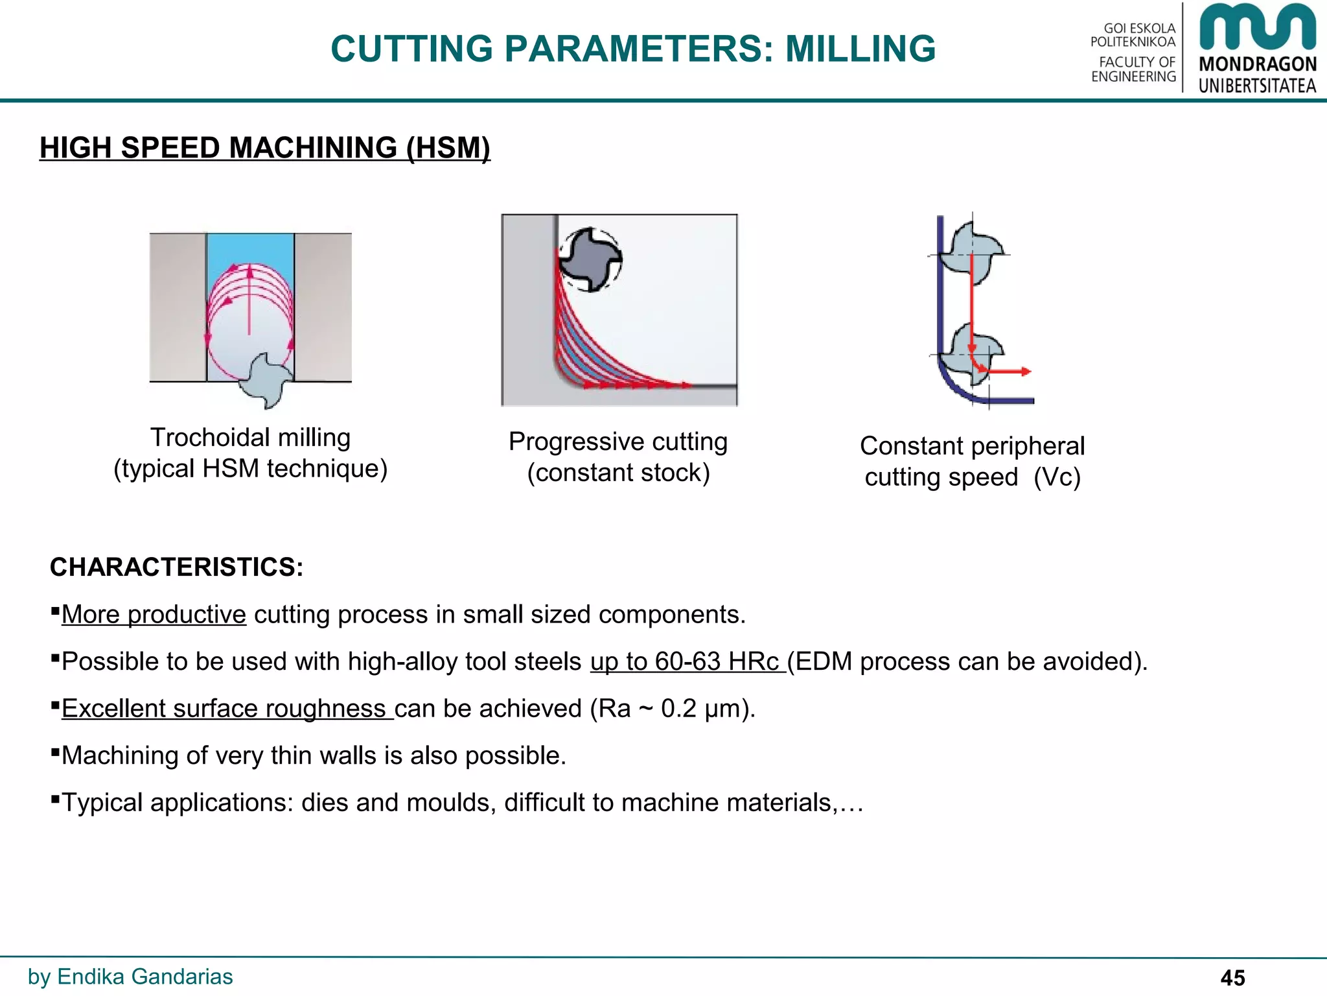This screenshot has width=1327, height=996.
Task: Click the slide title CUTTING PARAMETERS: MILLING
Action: [x=633, y=49]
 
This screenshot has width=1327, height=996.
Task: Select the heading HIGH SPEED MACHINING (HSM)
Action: [x=264, y=148]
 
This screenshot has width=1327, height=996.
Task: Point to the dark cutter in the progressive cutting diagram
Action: [x=590, y=259]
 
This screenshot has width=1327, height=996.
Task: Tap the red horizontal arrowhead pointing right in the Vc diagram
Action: [x=1025, y=372]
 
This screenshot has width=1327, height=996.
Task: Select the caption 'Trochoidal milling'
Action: [x=250, y=438]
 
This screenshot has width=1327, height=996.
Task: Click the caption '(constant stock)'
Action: [x=618, y=473]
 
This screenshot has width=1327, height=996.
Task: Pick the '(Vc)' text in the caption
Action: [x=1057, y=477]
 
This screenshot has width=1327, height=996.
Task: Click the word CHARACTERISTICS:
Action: [x=176, y=567]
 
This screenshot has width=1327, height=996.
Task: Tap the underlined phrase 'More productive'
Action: [x=154, y=615]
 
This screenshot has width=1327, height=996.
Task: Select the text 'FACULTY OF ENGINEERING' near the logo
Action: [x=1134, y=69]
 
